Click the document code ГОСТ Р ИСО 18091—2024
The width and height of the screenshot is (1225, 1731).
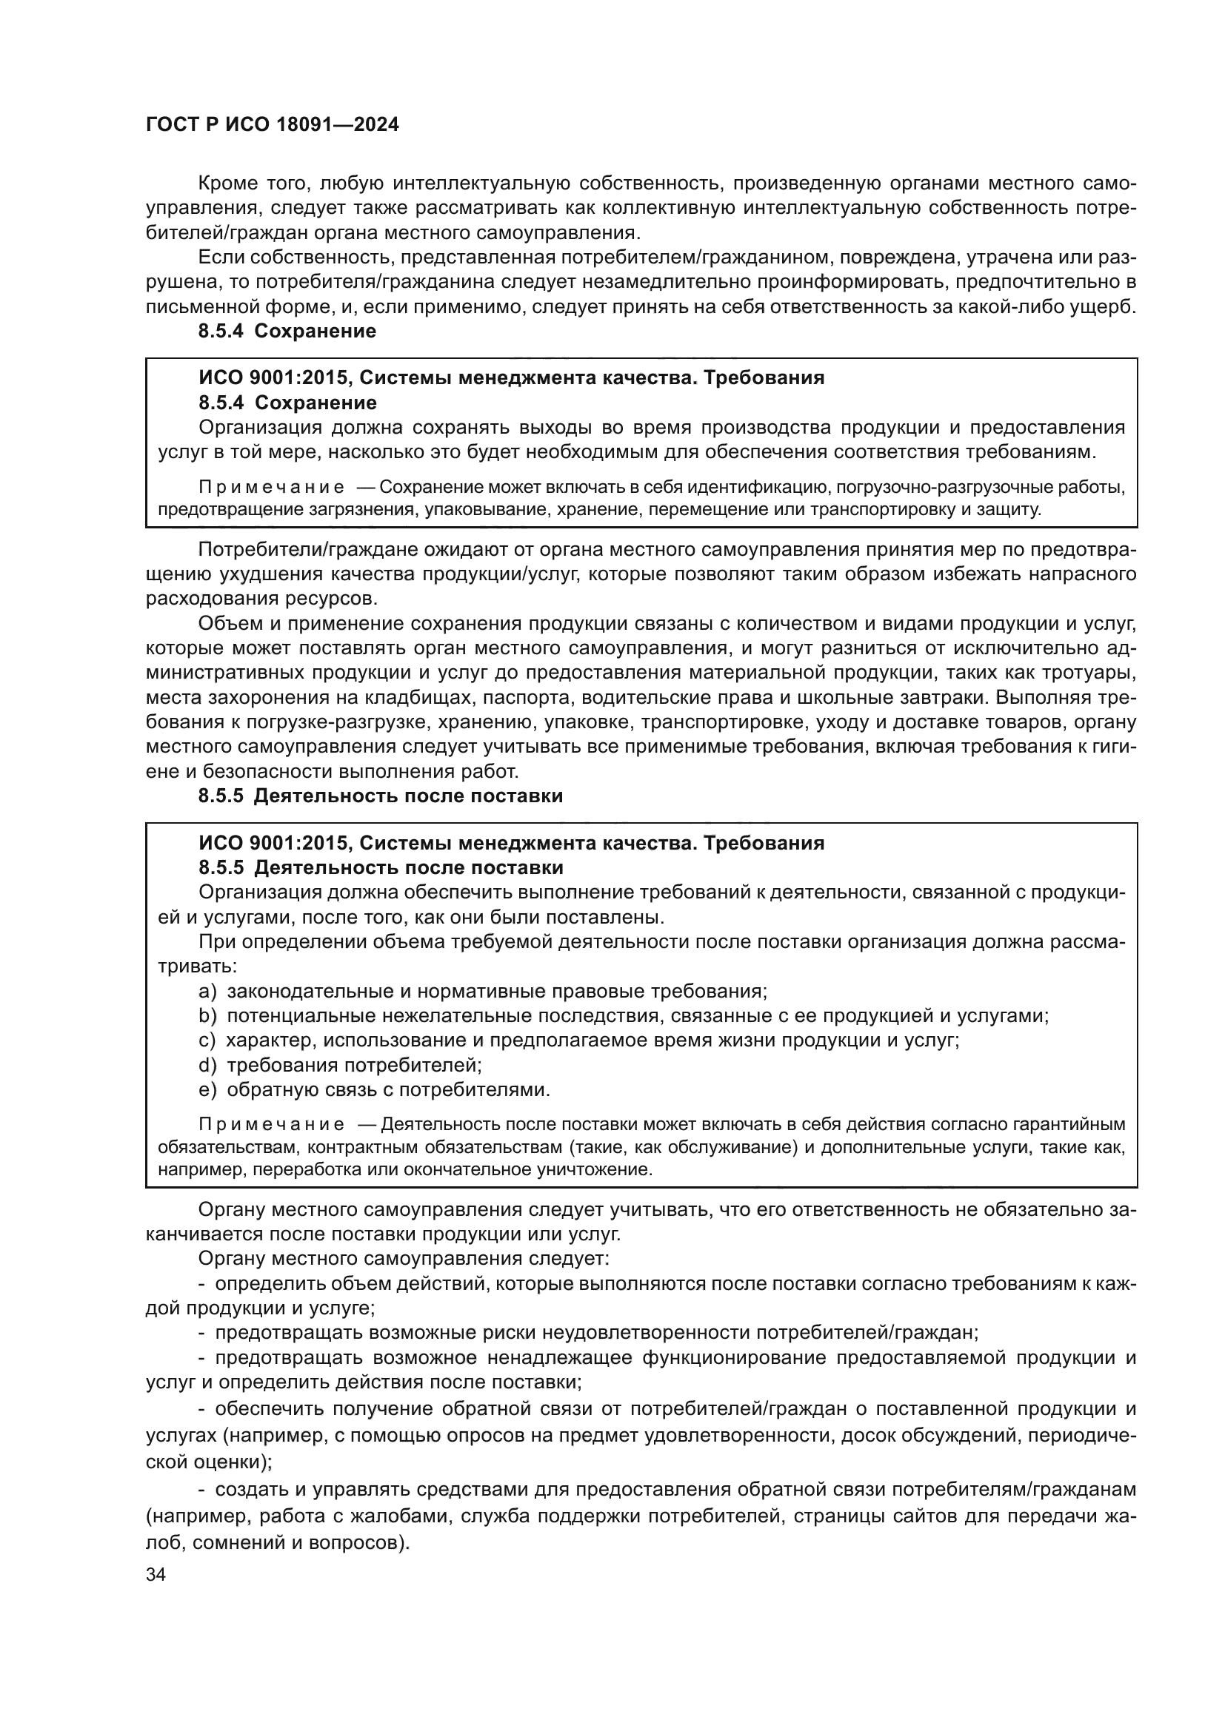(x=272, y=124)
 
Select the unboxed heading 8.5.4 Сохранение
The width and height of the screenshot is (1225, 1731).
(x=287, y=331)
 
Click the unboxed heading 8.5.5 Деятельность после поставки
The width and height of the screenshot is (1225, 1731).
(x=380, y=796)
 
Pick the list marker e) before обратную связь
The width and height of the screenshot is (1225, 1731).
(x=207, y=1090)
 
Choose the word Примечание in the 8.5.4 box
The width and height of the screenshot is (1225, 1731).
(x=271, y=487)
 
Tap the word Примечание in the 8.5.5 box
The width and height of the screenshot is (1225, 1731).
(x=271, y=1125)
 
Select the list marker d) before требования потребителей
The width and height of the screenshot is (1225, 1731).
(x=207, y=1065)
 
